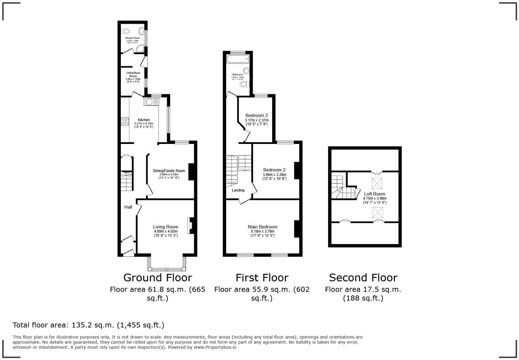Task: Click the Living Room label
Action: [165, 227]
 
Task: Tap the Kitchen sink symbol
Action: [152, 102]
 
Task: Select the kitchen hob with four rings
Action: [124, 122]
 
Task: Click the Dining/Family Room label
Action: [169, 171]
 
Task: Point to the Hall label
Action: [128, 207]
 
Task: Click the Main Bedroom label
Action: [263, 227]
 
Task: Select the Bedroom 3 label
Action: [256, 115]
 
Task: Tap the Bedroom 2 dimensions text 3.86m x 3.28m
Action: [274, 175]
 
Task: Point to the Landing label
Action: [238, 190]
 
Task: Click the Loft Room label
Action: [374, 194]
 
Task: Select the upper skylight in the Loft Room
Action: [377, 183]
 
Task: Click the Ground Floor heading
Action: [158, 278]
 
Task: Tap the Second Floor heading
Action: [363, 278]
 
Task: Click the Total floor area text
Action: [89, 325]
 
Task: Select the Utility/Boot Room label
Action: [133, 75]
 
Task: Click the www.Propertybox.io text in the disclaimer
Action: [215, 347]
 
